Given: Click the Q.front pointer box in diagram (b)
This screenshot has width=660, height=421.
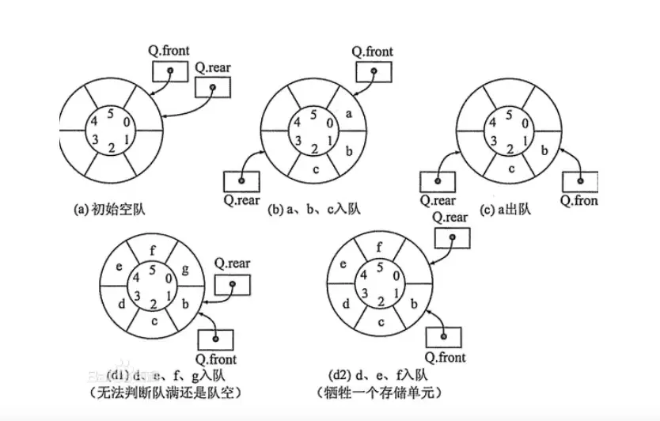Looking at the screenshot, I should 373,70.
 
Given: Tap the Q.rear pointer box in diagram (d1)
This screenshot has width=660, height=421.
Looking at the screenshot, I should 233,284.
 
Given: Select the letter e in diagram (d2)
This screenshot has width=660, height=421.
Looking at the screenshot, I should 342,265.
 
